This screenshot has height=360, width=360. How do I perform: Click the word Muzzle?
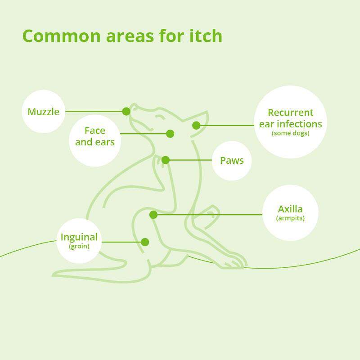pos(43,112)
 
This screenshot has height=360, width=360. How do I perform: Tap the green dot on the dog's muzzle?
pos(126,111)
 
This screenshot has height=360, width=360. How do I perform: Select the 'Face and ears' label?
pos(95,136)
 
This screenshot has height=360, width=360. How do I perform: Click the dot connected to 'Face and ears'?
pos(170,134)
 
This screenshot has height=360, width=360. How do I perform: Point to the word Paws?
pos(232,161)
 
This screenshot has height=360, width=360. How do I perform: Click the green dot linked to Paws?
pos(166,160)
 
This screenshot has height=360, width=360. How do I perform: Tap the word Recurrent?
pos(290,112)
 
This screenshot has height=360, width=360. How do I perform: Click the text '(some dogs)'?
pos(290,133)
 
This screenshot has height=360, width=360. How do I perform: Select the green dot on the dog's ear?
pos(196,126)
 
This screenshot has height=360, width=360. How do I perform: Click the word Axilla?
pos(290,209)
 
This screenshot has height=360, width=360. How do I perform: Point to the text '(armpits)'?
pos(290,218)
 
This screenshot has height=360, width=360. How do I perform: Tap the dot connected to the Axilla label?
pos(153,215)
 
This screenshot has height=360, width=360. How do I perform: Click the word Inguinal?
pos(79,237)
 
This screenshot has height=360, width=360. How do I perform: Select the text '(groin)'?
pos(79,246)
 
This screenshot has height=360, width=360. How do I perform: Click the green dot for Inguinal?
pos(145,242)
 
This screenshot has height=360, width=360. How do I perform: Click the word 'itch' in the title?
pos(206,36)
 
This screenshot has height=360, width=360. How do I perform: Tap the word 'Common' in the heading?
pos(62,36)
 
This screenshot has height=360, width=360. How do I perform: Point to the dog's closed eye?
pos(160,117)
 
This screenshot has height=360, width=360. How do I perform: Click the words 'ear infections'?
pos(290,124)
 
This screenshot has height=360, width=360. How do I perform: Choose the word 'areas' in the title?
pos(130,37)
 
